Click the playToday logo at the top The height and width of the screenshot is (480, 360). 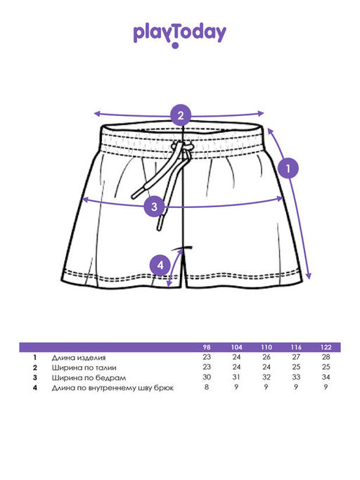tap(179, 34)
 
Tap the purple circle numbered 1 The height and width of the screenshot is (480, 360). tap(288, 168)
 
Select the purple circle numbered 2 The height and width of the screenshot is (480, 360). tap(181, 115)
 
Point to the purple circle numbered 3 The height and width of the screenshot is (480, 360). tap(154, 207)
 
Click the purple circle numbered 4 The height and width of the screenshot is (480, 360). tap(160, 265)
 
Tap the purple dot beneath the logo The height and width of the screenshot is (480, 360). tap(175, 46)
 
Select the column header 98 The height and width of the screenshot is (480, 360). tap(207, 347)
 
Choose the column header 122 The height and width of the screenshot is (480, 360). tap(326, 347)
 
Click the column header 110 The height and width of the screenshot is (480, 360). tap(266, 347)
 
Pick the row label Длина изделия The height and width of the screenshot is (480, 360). tap(79, 358)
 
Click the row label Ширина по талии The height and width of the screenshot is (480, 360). tap(84, 368)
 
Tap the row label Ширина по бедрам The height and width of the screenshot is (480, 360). tap(89, 378)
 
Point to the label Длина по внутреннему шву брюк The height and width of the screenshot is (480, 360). tap(112, 388)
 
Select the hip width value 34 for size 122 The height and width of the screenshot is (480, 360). tap(326, 377)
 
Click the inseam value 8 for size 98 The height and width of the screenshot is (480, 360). tap(207, 387)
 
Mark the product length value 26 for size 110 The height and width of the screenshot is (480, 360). tap(266, 357)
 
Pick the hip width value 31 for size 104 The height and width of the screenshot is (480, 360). tap(236, 377)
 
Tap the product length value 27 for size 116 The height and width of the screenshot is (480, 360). tap(296, 357)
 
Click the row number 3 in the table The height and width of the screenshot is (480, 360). tap(35, 377)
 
